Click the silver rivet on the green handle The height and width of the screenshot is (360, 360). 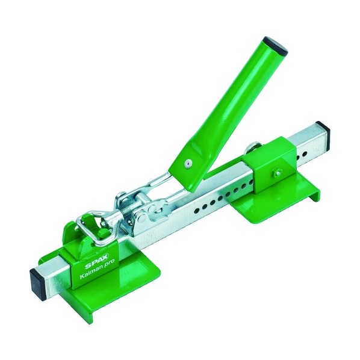pyautogui.click(x=188, y=163)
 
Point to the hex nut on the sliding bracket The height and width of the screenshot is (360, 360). pyautogui.click(x=277, y=172)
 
